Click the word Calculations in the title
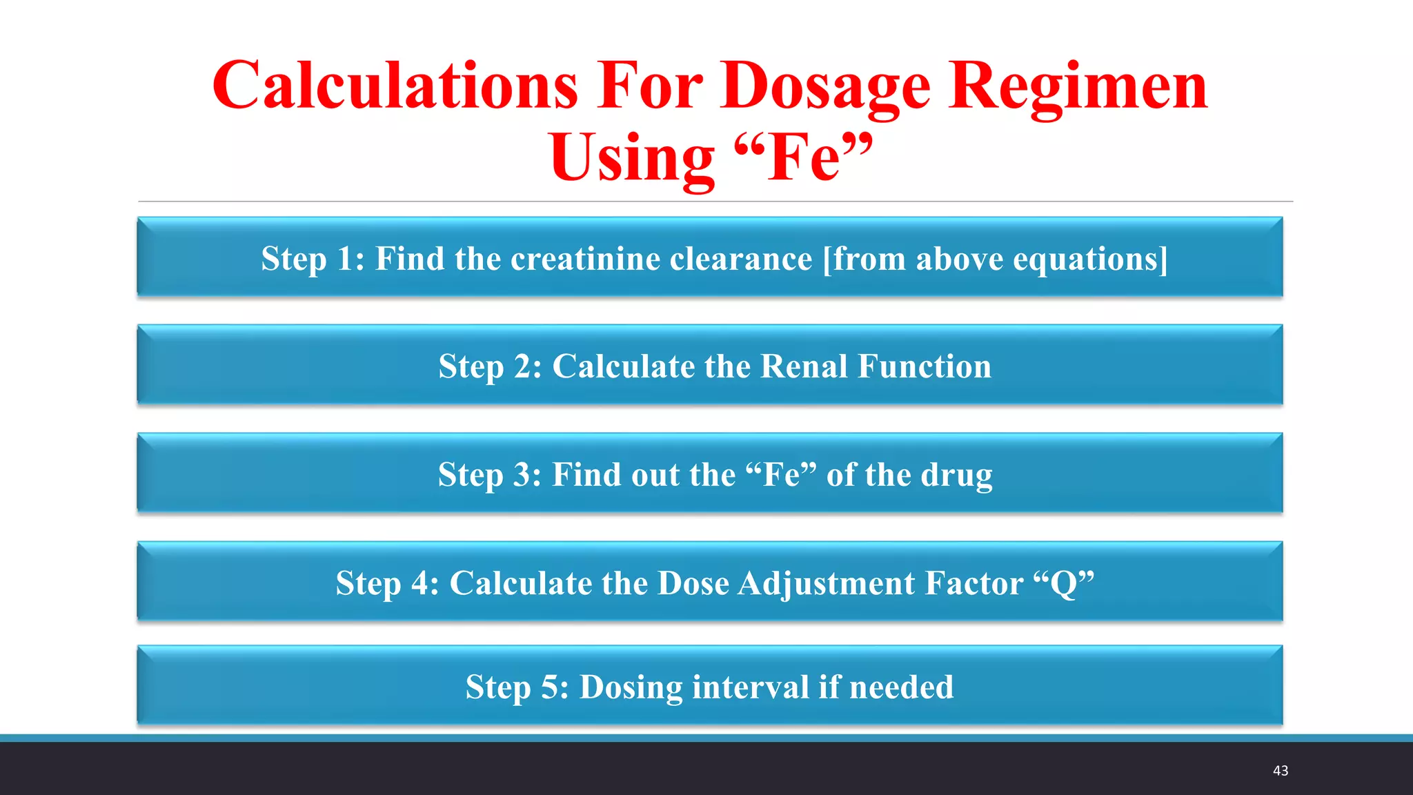tap(395, 86)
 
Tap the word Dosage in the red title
tap(825, 87)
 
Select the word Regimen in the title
tap(1077, 86)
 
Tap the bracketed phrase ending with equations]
tap(995, 259)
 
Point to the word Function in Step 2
tap(924, 366)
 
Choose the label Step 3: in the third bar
tap(489, 475)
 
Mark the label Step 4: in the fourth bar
tap(387, 583)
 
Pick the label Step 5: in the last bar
tap(517, 687)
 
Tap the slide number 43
tap(1280, 771)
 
